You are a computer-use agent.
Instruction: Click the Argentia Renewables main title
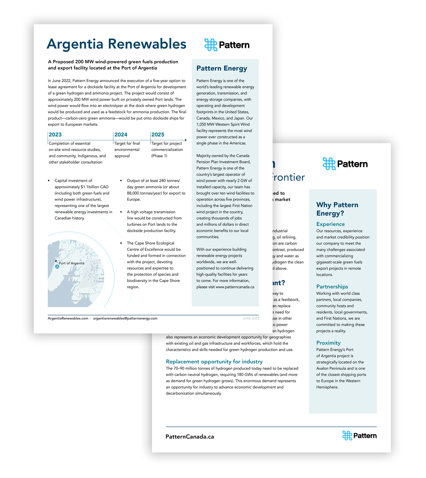pos(116,44)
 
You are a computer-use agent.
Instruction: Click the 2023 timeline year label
pos(55,135)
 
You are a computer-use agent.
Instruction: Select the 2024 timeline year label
pos(121,135)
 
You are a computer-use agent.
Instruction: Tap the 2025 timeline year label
pos(158,135)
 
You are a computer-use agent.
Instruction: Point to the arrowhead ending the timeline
pos(186,140)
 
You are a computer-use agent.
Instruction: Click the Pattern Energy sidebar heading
pos(222,68)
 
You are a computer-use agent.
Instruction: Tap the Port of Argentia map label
pos(71,263)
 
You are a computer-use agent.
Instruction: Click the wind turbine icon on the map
pos(57,266)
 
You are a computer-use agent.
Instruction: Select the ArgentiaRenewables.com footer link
pos(68,319)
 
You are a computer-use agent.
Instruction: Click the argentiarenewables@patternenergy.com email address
pos(125,319)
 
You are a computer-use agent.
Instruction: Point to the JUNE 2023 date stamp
pos(251,319)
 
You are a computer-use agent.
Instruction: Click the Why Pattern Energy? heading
pos(337,209)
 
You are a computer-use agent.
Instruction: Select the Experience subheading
pos(330,224)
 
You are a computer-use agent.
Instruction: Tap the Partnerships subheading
pos(332,287)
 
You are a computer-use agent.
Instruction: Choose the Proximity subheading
pos(328,343)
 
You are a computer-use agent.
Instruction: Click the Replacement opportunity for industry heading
pos(214,362)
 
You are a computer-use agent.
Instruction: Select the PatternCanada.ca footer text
pos(190,437)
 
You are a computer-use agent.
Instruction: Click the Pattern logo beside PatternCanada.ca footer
pos(359,436)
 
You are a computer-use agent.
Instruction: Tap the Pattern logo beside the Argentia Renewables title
pos(227,45)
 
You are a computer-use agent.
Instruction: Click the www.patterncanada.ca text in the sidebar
pos(235,287)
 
